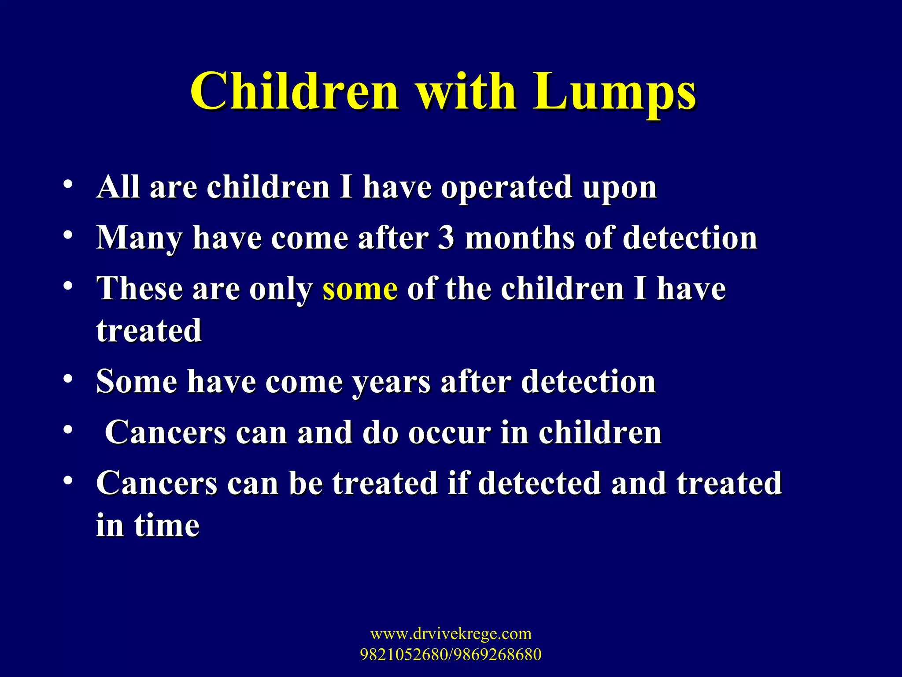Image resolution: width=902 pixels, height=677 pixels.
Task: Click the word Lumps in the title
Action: pyautogui.click(x=614, y=93)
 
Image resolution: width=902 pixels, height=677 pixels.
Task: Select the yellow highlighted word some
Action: pyautogui.click(x=360, y=290)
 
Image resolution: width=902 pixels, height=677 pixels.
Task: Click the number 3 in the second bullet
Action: pyautogui.click(x=446, y=238)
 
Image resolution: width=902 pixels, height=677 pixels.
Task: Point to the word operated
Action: pyautogui.click(x=506, y=188)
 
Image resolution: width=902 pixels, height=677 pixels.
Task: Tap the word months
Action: pyautogui.click(x=520, y=238)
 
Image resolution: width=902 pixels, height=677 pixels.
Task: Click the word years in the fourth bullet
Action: pyautogui.click(x=391, y=382)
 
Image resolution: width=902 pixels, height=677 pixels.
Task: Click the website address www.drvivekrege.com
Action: pyautogui.click(x=451, y=634)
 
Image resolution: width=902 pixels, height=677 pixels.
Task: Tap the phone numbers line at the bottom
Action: pyautogui.click(x=451, y=655)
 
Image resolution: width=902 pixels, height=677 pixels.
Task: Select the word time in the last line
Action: pyautogui.click(x=166, y=525)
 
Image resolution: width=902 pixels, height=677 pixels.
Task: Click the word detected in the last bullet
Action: pyautogui.click(x=540, y=483)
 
